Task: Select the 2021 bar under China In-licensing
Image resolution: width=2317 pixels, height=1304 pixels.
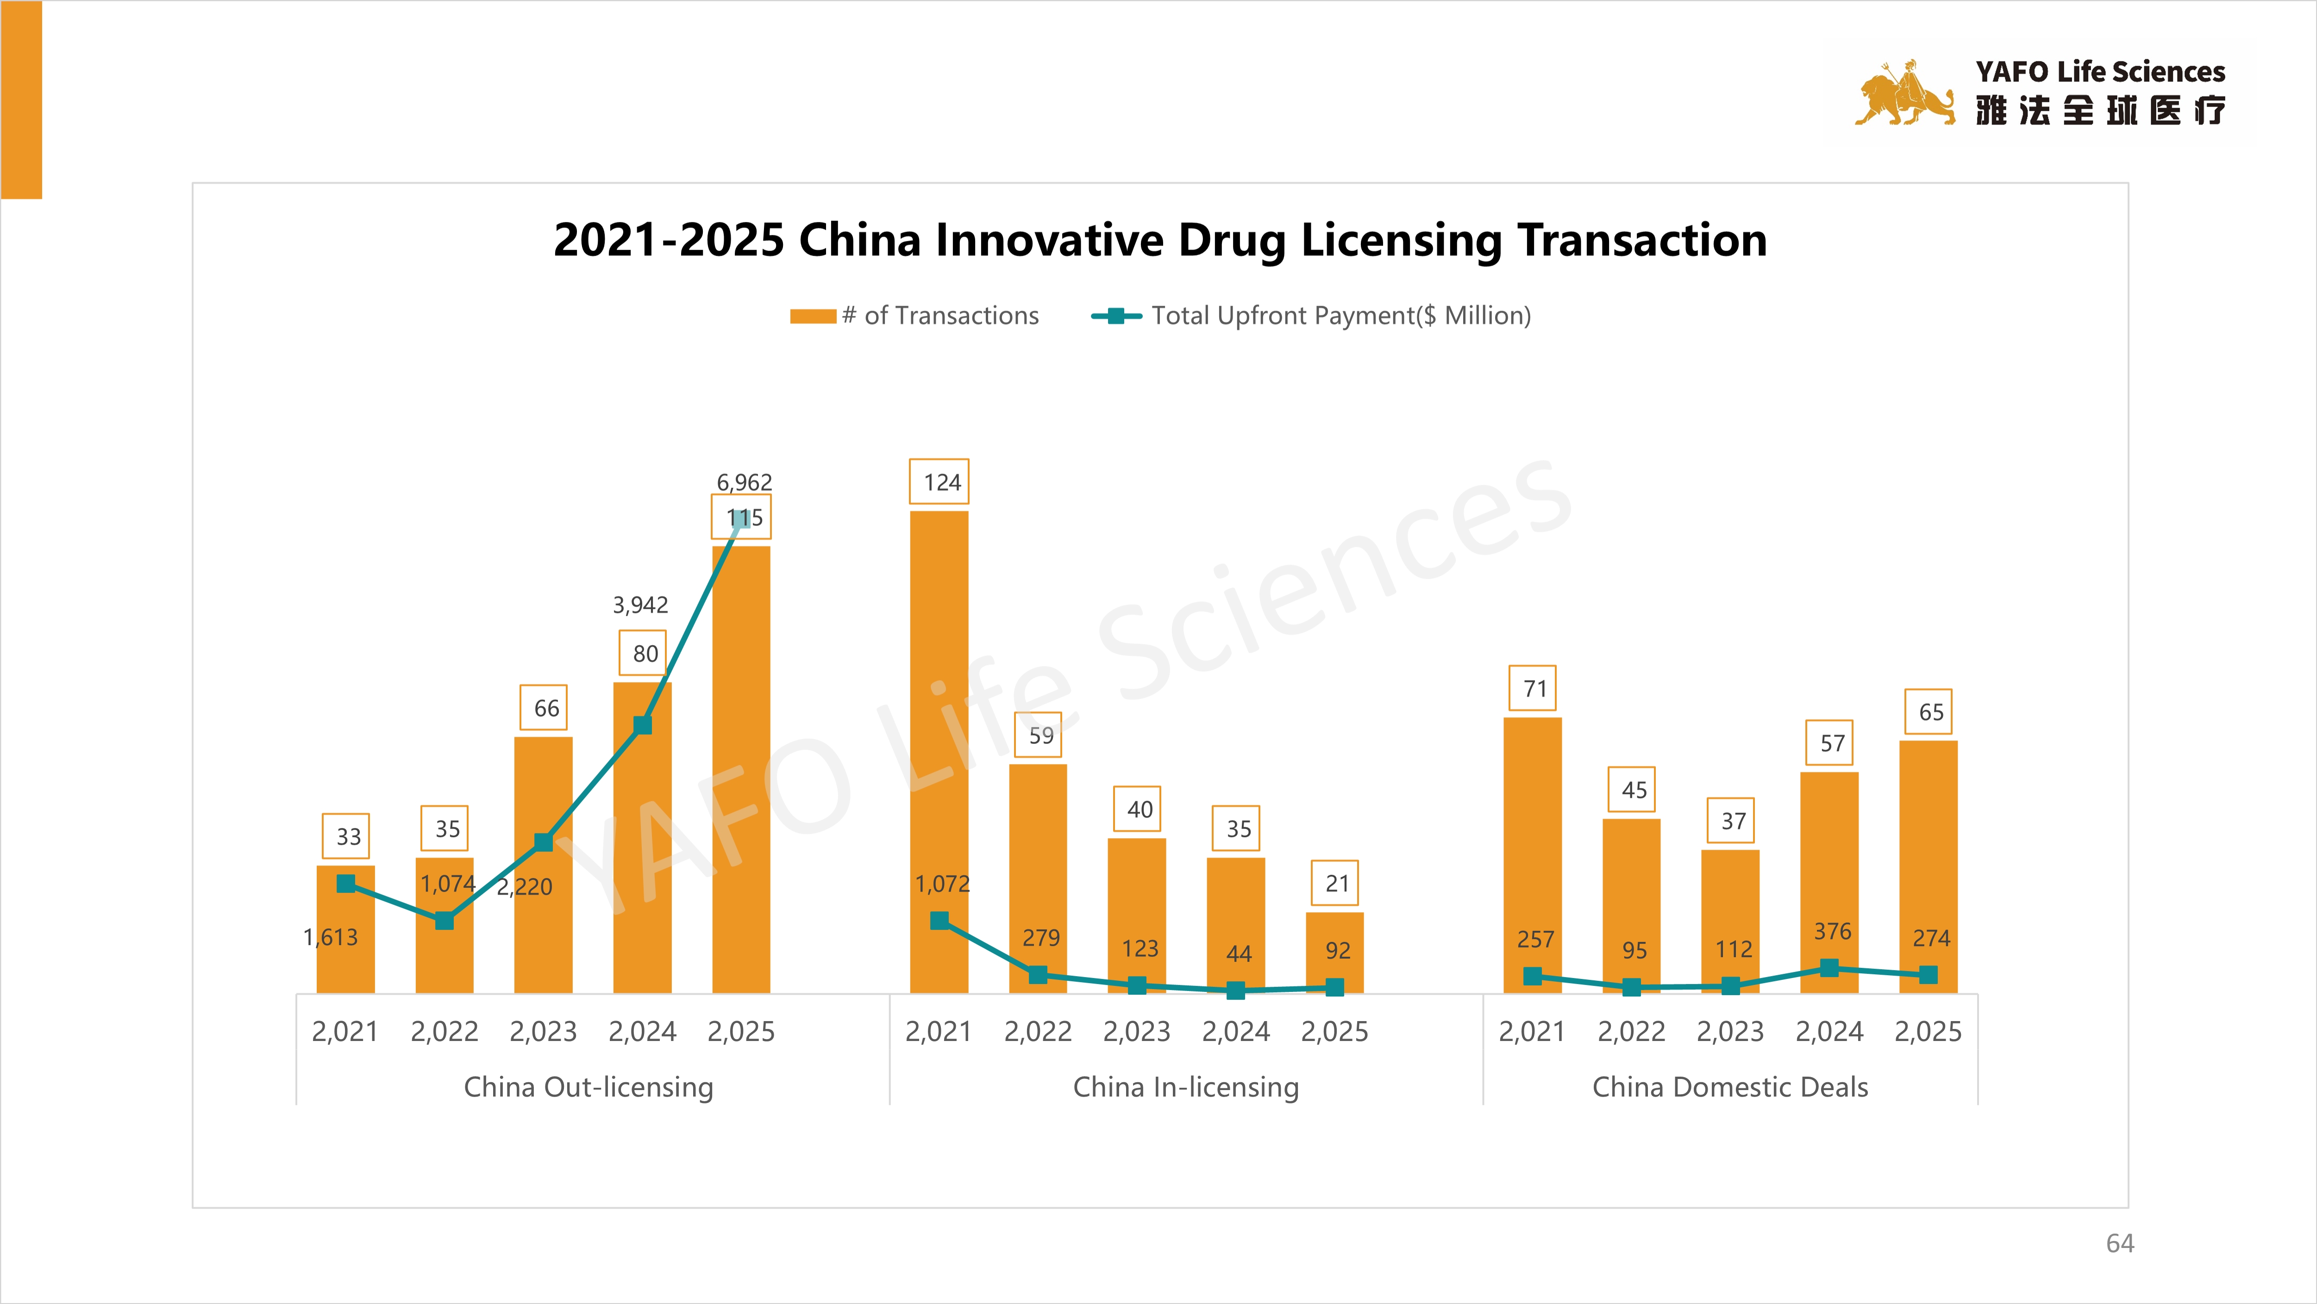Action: pyautogui.click(x=939, y=720)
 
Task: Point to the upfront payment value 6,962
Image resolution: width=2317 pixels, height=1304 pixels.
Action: pyautogui.click(x=744, y=482)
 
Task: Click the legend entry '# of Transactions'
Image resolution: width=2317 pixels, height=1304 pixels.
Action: pyautogui.click(x=915, y=316)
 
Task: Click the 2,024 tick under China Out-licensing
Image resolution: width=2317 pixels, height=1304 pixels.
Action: pyautogui.click(x=642, y=1032)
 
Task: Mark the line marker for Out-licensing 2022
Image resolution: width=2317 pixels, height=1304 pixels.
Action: pyautogui.click(x=445, y=920)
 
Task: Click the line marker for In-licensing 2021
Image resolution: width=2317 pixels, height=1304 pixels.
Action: pyautogui.click(x=939, y=920)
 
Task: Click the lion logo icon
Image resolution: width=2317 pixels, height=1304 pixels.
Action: pyautogui.click(x=1904, y=94)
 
